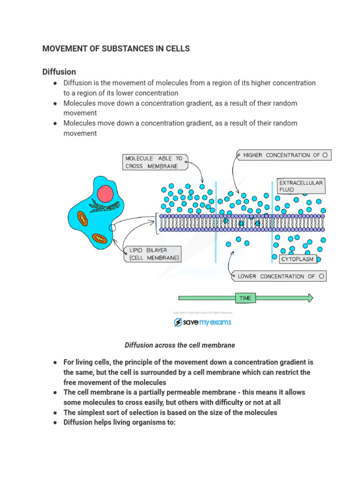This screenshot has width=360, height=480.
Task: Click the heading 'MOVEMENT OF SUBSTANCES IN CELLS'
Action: [116, 49]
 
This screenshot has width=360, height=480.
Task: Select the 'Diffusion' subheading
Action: [59, 72]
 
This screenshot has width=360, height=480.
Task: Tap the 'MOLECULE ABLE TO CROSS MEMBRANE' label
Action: [154, 162]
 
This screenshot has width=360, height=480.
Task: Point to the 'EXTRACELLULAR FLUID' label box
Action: [300, 186]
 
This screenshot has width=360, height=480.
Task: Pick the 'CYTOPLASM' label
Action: [297, 259]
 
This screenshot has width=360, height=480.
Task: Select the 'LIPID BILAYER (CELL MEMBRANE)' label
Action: [152, 255]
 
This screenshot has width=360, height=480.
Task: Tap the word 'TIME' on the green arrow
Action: [245, 298]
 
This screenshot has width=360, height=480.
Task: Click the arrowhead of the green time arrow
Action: [309, 298]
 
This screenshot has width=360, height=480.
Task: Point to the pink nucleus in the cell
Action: [106, 193]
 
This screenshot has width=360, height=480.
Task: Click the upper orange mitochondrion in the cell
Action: [83, 218]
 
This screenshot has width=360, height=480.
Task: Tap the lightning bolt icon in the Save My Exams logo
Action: [178, 322]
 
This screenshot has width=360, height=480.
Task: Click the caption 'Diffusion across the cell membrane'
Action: [180, 345]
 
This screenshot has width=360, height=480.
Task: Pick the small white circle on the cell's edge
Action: [112, 228]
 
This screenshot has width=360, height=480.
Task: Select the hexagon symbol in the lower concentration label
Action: [321, 276]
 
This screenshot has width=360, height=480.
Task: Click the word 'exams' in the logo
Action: [219, 322]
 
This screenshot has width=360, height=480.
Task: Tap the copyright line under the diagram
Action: [202, 313]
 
